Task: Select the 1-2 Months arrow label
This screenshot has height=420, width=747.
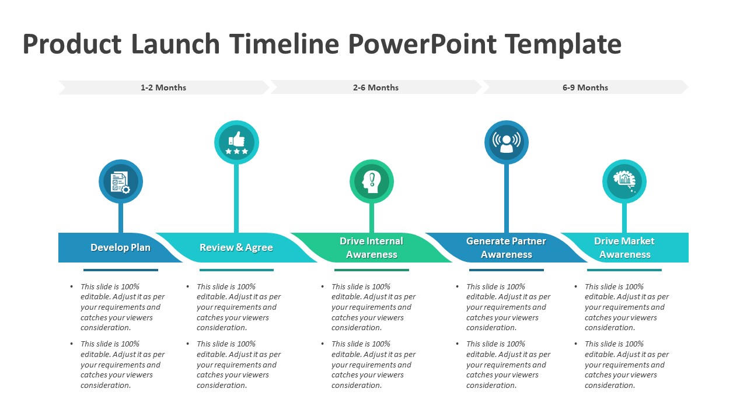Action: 163,87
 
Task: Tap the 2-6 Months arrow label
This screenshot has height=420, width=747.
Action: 375,87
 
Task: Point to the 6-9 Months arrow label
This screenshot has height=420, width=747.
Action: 585,87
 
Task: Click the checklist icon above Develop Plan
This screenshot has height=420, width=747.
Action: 121,182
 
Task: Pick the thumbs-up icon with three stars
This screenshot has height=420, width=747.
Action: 236,143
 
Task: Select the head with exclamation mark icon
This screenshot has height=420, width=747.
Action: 372,182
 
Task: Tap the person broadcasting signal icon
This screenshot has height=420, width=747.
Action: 507,143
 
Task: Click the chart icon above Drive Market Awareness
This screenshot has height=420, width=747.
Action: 624,182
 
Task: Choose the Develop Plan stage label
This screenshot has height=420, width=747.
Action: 120,248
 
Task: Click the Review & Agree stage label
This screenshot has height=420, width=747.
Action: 236,248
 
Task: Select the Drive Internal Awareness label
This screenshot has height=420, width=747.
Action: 372,248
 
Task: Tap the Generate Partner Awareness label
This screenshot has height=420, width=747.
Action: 507,248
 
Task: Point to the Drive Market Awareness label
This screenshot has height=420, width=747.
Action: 624,248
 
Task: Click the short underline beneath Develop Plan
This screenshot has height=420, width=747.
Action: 121,270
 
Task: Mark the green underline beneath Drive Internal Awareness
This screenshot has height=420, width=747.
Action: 372,270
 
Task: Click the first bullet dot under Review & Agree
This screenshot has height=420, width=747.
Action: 188,287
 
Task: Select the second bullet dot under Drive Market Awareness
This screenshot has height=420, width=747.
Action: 576,344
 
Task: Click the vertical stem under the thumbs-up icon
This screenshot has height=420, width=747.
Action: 236,198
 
